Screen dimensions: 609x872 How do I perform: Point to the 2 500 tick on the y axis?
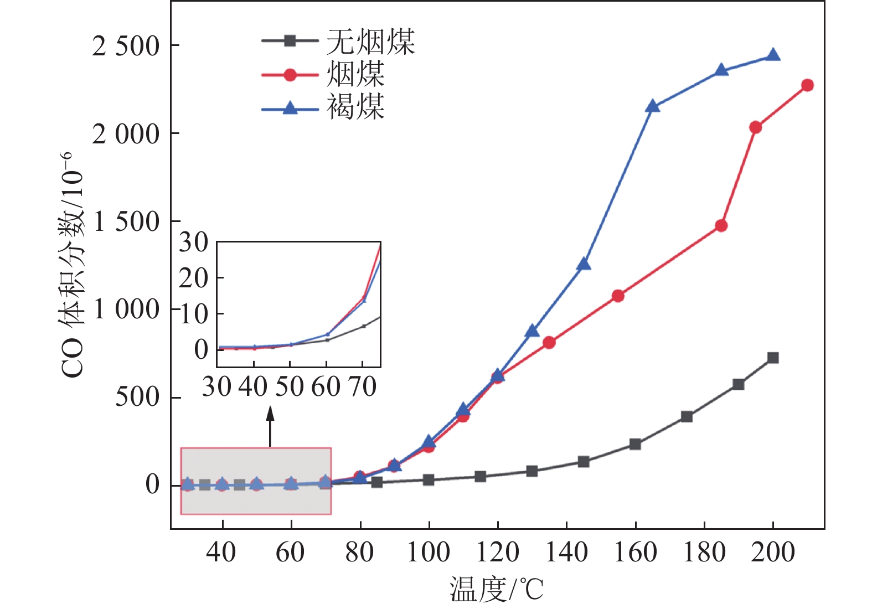tap(126, 46)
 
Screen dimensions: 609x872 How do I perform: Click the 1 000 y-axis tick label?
tap(126, 309)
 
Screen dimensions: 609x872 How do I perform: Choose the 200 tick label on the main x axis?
tap(773, 552)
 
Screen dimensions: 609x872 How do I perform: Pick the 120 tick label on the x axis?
tap(497, 552)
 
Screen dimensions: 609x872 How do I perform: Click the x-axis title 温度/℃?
tap(496, 589)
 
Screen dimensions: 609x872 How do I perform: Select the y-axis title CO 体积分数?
tap(73, 266)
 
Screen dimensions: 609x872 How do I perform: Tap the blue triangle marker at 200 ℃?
tap(773, 55)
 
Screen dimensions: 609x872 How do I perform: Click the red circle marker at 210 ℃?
tap(807, 85)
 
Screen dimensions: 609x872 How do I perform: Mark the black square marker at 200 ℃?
tap(773, 358)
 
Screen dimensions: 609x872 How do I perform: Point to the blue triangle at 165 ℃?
tap(653, 106)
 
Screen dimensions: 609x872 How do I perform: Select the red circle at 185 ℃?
tap(721, 226)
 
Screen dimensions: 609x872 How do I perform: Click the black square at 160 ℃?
tap(635, 444)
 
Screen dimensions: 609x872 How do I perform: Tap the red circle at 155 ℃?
tap(618, 296)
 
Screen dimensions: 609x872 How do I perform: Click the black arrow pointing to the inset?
tap(270, 426)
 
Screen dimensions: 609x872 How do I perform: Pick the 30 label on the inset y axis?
tap(193, 242)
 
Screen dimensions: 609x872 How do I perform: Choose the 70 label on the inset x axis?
tap(363, 386)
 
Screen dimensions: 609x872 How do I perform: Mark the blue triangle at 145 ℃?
tap(584, 264)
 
